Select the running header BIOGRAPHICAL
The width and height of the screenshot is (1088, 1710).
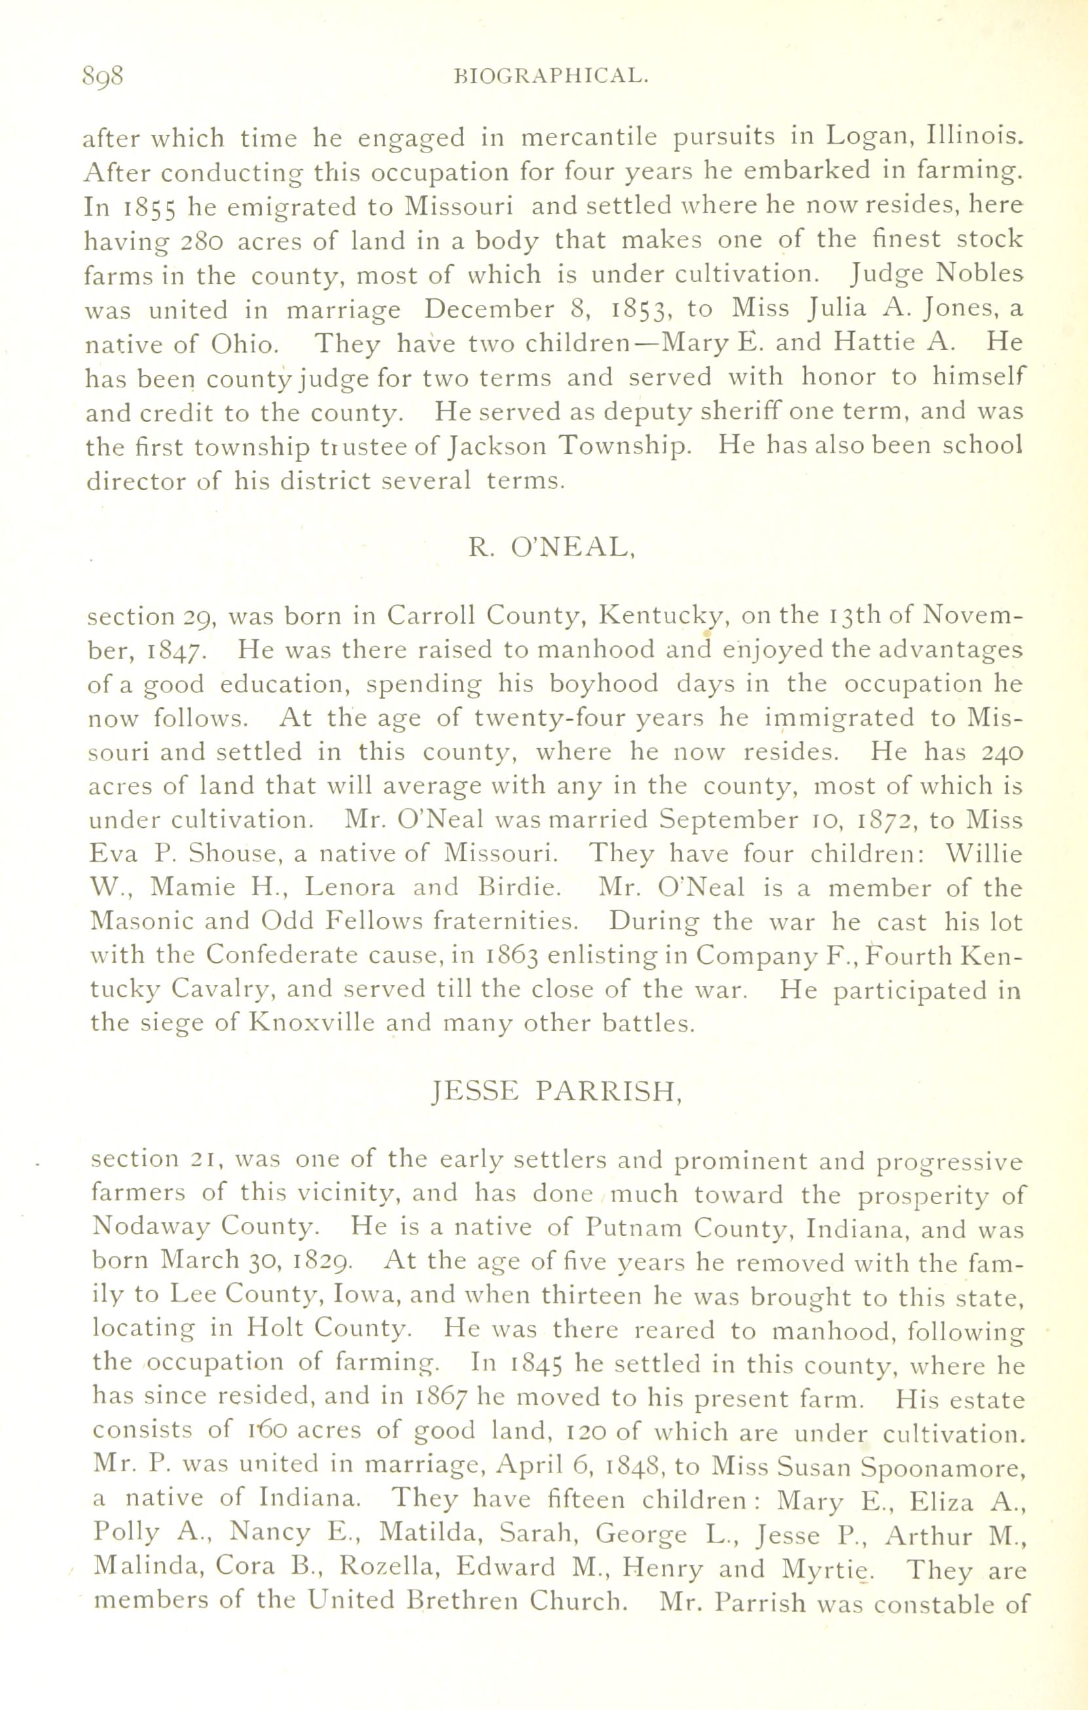(551, 76)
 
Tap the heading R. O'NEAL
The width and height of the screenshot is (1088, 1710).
(551, 547)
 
